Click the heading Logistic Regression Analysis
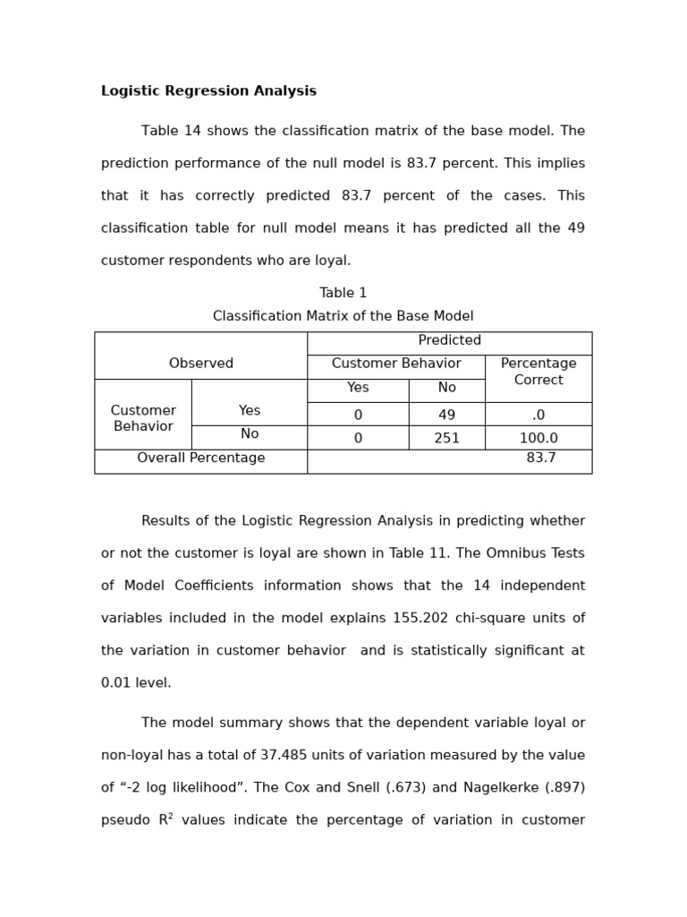208,91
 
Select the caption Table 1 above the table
343,293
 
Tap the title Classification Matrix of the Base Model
343,316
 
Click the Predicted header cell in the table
449,340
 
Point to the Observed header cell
201,364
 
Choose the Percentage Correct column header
539,372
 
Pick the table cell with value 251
446,438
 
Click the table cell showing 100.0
539,438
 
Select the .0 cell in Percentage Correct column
539,415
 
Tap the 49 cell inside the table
446,415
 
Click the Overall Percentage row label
201,458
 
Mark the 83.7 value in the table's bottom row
541,458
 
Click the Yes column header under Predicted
358,388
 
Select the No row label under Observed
250,434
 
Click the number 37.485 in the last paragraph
343,755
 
